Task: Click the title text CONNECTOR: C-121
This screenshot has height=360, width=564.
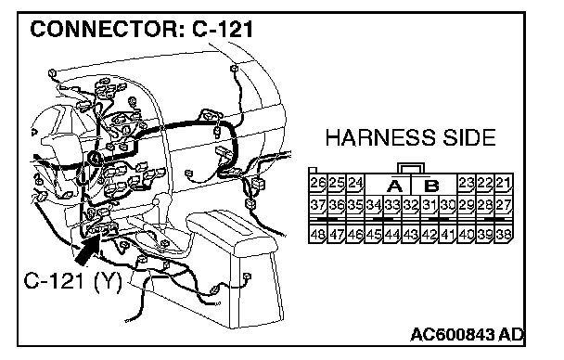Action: [142, 29]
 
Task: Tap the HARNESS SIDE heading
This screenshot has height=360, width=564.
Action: [410, 137]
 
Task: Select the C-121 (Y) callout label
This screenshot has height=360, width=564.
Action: [73, 280]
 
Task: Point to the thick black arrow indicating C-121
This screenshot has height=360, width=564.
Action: [86, 251]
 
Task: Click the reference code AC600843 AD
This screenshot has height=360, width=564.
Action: [468, 334]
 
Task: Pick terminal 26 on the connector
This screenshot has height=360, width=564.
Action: [318, 183]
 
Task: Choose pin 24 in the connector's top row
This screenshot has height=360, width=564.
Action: [355, 183]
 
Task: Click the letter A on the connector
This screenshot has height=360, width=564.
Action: [394, 186]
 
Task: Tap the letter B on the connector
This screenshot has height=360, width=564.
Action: [431, 186]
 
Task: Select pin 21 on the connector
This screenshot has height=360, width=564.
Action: [504, 183]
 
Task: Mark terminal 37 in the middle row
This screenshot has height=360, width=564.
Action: [318, 205]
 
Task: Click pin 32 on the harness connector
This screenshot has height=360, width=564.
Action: [410, 205]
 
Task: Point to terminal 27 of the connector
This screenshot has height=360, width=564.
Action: [504, 205]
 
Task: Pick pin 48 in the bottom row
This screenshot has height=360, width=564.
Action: [318, 234]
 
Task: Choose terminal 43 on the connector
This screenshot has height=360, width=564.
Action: [410, 234]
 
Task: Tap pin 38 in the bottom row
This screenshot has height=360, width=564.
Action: [504, 234]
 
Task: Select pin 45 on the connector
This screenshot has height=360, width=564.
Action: [373, 234]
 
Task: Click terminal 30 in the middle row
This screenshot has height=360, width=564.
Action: [448, 205]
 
